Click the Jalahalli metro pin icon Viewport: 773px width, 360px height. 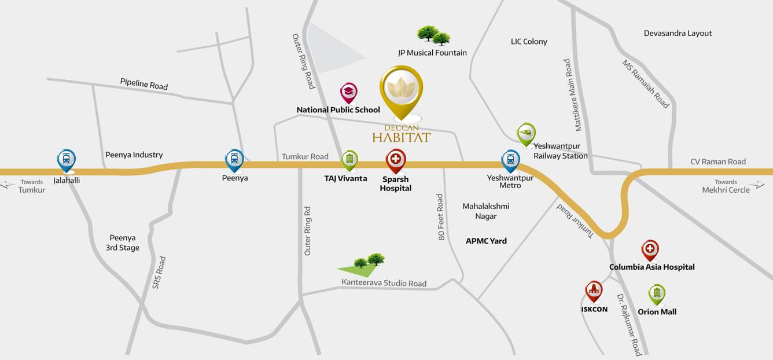[x=66, y=159]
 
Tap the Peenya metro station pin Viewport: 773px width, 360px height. [x=234, y=159]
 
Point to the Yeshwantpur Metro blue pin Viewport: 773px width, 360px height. [x=510, y=160]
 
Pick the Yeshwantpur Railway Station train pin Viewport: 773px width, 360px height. [x=526, y=133]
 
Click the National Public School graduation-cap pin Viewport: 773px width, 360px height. [x=348, y=92]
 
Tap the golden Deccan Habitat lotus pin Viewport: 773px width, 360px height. [x=401, y=90]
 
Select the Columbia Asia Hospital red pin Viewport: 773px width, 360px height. [x=650, y=250]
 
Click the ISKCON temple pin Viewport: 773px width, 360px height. [x=594, y=291]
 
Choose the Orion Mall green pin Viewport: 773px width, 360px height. [x=657, y=294]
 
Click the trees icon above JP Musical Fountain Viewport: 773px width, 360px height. [x=434, y=35]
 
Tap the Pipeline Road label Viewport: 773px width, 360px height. [x=144, y=84]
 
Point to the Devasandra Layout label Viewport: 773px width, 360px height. [x=678, y=33]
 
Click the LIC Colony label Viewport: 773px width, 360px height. [x=529, y=42]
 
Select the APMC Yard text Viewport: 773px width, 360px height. [x=486, y=241]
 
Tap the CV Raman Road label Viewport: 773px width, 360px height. [x=718, y=161]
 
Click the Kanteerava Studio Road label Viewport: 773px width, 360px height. [x=384, y=283]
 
